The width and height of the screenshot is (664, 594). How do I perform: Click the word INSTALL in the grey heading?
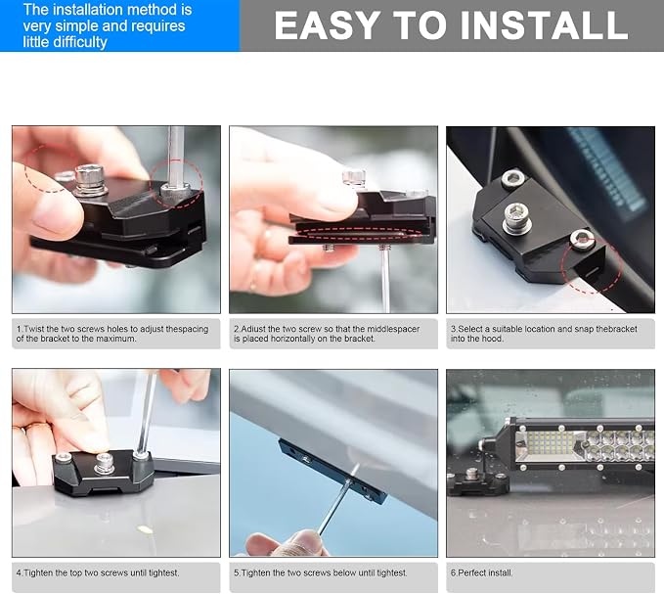click(x=544, y=25)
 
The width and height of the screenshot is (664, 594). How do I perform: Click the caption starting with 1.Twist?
click(x=112, y=334)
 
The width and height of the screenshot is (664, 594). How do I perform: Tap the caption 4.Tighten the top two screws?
click(x=98, y=572)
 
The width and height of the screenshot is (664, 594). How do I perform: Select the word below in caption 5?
click(x=345, y=572)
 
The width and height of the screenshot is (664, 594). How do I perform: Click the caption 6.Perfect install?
click(x=481, y=572)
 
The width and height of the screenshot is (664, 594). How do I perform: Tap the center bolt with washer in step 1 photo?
click(x=89, y=180)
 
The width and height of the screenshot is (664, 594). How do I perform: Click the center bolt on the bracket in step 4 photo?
click(x=105, y=463)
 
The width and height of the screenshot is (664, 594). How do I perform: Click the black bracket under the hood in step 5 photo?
click(x=332, y=471)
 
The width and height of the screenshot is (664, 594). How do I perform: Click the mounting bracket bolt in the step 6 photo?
click(x=471, y=475)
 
